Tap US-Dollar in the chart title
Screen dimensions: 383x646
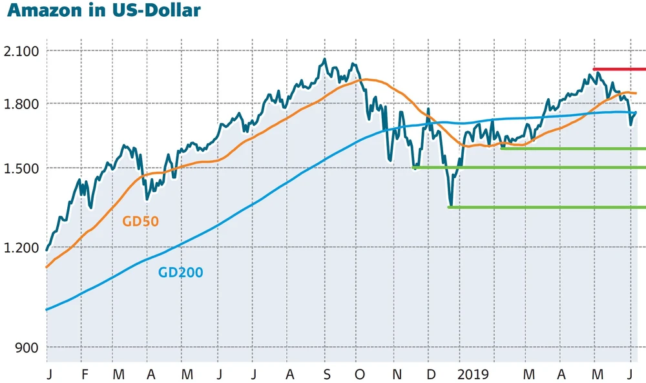pyautogui.click(x=158, y=11)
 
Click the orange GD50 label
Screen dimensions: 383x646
pyautogui.click(x=140, y=222)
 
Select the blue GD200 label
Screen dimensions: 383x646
pyautogui.click(x=180, y=273)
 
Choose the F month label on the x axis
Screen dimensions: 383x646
pyautogui.click(x=85, y=374)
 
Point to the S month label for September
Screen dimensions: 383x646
pyautogui.click(x=327, y=374)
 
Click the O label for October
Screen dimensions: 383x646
pyautogui.click(x=360, y=374)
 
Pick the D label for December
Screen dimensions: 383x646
pyautogui.click(x=430, y=374)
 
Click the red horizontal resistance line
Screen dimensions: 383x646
pyautogui.click(x=619, y=68)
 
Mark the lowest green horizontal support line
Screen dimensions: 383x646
pyautogui.click(x=549, y=207)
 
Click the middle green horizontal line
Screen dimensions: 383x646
pyautogui.click(x=530, y=168)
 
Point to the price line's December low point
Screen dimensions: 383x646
pyautogui.click(x=450, y=205)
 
